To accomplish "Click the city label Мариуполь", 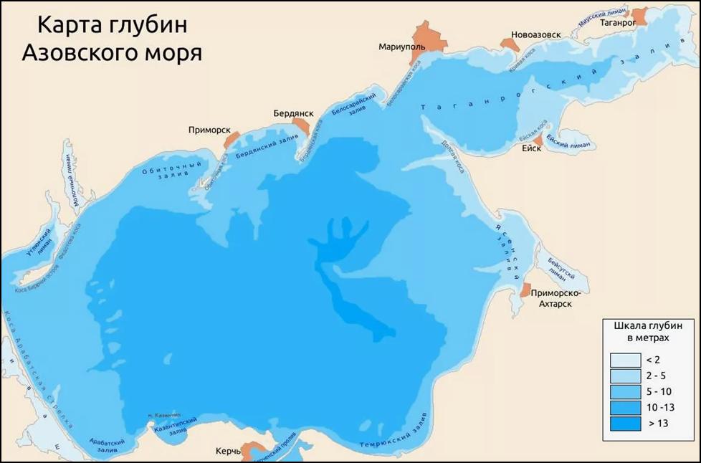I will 402,47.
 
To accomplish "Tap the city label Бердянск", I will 291,113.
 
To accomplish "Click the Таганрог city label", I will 620,22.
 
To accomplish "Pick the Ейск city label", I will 531,148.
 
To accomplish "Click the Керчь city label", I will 228,452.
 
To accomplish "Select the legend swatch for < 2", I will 624,360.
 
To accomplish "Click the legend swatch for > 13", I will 624,424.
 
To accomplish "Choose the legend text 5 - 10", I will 659,392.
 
